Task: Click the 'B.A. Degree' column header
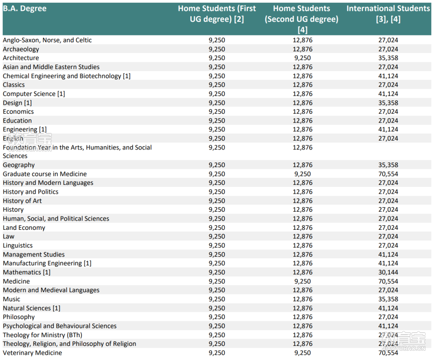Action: (25, 8)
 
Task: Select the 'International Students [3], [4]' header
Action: (388, 14)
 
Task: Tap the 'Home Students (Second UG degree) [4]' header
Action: (302, 19)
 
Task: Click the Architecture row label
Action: (21, 58)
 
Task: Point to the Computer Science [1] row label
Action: (34, 94)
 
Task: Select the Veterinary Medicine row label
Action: (33, 353)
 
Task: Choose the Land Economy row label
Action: (24, 228)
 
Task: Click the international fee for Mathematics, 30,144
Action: (388, 272)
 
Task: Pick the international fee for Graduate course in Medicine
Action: (388, 174)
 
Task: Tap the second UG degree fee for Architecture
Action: (303, 58)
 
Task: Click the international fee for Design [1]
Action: (388, 103)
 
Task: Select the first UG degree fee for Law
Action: (217, 237)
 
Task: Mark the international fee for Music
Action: (388, 299)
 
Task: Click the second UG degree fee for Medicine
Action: (303, 281)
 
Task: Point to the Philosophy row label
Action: (18, 317)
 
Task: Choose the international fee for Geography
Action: (388, 165)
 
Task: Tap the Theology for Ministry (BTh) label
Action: (42, 335)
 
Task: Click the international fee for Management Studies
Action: (388, 255)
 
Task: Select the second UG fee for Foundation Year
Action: (303, 147)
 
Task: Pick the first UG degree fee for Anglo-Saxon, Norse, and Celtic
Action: (217, 40)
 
